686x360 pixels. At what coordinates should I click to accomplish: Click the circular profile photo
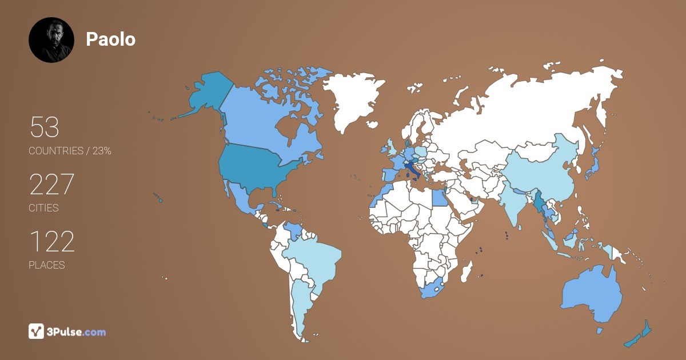51,39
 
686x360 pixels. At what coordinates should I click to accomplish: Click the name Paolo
110,39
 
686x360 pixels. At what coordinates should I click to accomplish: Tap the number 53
44,127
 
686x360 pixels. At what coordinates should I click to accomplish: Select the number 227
51,185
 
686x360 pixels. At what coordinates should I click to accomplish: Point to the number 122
51,242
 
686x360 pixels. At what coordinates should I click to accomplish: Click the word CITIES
43,208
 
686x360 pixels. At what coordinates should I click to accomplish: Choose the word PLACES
46,265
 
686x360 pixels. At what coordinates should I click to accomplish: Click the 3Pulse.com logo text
77,331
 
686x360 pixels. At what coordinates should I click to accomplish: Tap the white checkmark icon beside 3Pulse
36,331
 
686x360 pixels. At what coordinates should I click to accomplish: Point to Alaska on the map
203,94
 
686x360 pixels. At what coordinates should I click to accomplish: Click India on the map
517,206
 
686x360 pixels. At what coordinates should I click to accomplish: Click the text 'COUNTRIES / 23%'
70,151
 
